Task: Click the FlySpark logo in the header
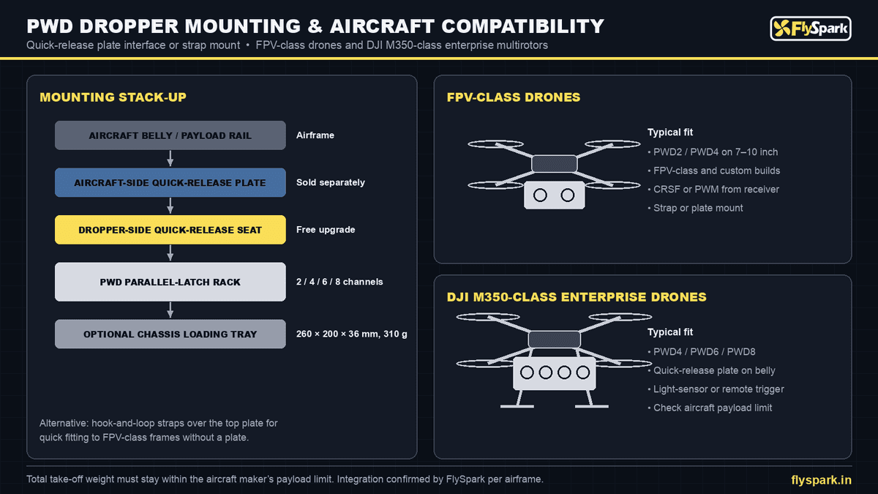coord(811,29)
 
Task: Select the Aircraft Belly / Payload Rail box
coord(170,135)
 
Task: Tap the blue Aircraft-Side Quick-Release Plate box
coord(170,182)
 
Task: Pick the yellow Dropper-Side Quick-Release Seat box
coord(170,230)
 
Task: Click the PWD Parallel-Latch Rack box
coord(170,282)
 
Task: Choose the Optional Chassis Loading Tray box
coord(170,334)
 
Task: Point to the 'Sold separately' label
coord(331,182)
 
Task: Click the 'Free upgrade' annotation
coord(326,229)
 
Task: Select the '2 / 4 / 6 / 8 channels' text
coord(339,282)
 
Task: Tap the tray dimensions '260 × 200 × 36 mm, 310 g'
coord(352,334)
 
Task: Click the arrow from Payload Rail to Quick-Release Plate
coord(170,158)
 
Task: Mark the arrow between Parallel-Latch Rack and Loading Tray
coord(170,310)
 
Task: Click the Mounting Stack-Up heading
coord(113,97)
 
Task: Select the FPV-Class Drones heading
coord(514,97)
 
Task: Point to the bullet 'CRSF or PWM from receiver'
coord(713,190)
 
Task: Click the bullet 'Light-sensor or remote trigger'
coord(716,389)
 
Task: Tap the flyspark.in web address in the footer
coord(821,480)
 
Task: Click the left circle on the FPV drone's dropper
coord(540,195)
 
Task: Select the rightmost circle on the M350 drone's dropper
coord(583,373)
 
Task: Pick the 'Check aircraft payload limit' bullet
coord(710,408)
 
